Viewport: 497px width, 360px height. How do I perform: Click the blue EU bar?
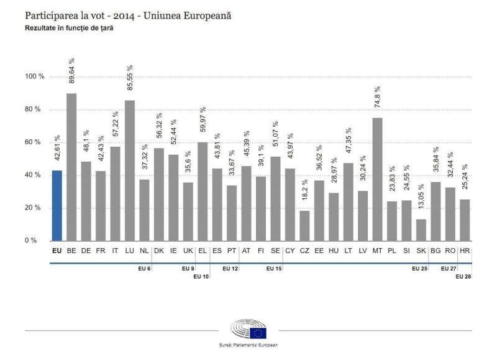(57, 205)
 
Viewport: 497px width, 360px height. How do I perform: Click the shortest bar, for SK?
(421, 229)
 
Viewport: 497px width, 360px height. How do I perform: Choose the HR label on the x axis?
(463, 251)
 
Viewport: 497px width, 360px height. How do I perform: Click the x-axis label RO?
(449, 251)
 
